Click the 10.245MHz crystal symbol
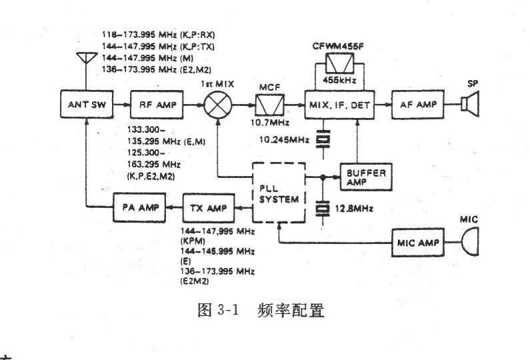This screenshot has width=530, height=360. tap(323, 139)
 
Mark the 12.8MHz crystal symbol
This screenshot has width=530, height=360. tap(323, 209)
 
